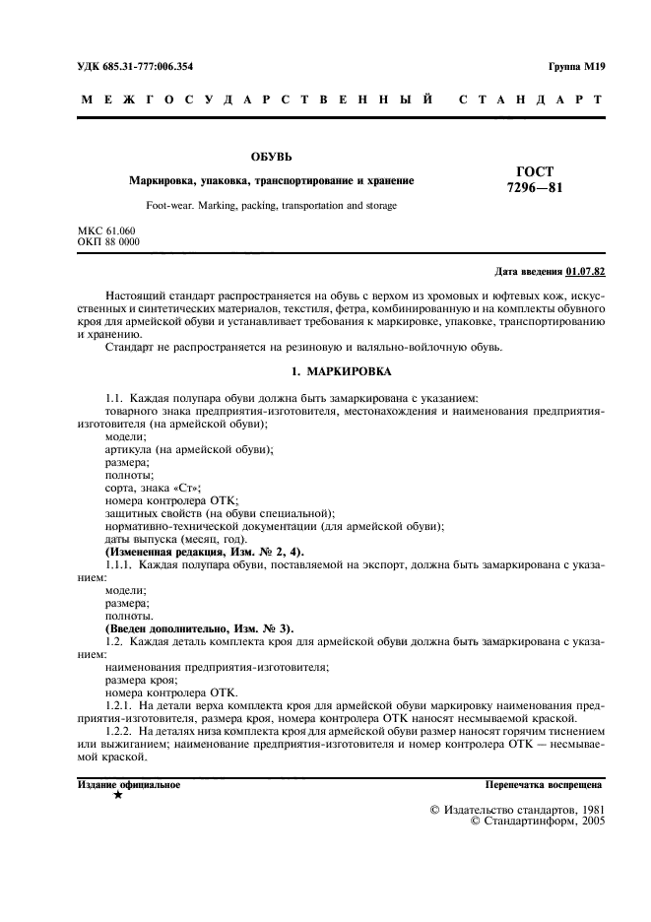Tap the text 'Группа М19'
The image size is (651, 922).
coord(576,66)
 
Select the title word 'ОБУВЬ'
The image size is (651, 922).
coord(270,157)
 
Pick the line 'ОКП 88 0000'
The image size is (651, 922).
coord(108,240)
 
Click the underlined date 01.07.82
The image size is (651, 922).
coord(587,272)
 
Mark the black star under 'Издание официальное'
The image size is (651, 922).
coord(118,794)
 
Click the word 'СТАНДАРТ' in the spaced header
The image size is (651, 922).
coord(531,99)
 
